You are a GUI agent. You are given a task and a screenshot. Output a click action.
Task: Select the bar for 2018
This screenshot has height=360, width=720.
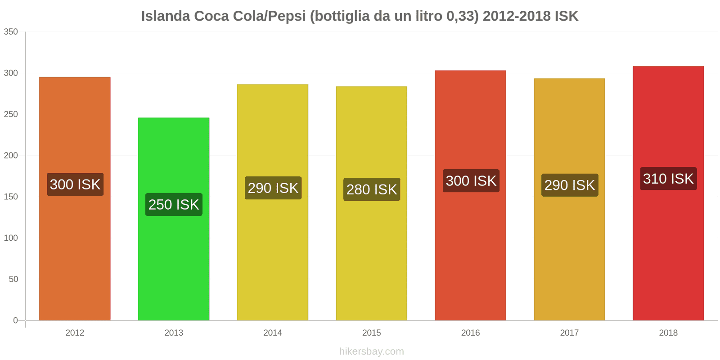[x=668, y=252]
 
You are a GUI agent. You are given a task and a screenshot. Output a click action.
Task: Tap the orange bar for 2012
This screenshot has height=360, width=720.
[x=75, y=252]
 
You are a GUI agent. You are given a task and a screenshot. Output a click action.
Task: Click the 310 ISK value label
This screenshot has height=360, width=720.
[x=668, y=179]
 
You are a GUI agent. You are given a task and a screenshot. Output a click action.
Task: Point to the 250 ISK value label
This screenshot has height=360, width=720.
[x=174, y=205]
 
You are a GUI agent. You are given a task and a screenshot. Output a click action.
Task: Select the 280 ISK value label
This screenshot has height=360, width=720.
[x=372, y=189]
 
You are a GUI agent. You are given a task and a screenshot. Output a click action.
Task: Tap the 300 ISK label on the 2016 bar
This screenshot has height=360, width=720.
[x=471, y=181]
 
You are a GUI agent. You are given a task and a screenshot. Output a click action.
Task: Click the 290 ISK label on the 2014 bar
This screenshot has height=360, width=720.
[x=273, y=188]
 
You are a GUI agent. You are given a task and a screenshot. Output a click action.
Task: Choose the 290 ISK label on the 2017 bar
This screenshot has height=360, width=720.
[x=570, y=185]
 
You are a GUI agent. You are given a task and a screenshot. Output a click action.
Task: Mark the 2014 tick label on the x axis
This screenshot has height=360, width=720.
[x=273, y=333]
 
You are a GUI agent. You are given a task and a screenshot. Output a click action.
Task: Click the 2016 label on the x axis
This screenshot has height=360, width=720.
[x=471, y=333]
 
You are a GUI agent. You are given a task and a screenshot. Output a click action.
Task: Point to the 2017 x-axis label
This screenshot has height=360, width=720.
[x=570, y=333]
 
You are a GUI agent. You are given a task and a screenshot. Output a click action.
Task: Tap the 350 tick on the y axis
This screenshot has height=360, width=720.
[x=11, y=31]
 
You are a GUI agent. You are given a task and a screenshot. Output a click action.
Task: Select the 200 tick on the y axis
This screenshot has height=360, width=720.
[x=11, y=156]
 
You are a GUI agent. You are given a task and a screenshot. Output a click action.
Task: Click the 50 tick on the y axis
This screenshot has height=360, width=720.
[x=13, y=279]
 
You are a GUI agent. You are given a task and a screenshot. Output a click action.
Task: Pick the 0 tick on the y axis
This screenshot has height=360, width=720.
[x=16, y=320]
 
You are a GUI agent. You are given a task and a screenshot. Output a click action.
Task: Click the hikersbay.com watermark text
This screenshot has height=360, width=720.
[x=372, y=351]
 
